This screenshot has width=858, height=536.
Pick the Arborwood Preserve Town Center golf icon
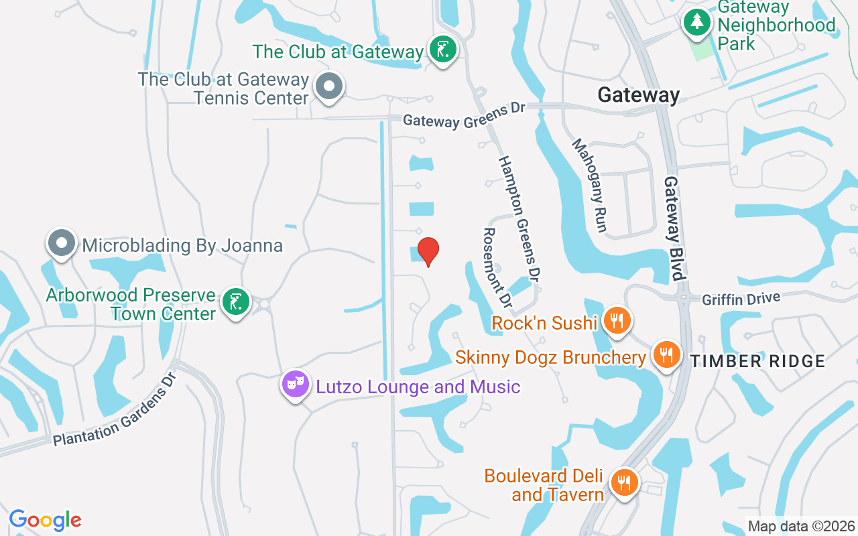(235, 302)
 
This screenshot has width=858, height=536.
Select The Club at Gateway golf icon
(442, 49)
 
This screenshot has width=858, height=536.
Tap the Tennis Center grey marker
(328, 87)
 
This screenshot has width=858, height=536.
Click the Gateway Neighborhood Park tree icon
(697, 23)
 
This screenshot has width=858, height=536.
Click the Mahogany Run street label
(590, 186)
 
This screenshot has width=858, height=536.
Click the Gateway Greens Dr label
(464, 119)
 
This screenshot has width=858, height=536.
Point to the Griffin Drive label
(741, 299)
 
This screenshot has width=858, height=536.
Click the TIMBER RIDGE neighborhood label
(757, 361)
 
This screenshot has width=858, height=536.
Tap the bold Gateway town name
(638, 95)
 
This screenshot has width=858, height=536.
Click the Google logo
(46, 519)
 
